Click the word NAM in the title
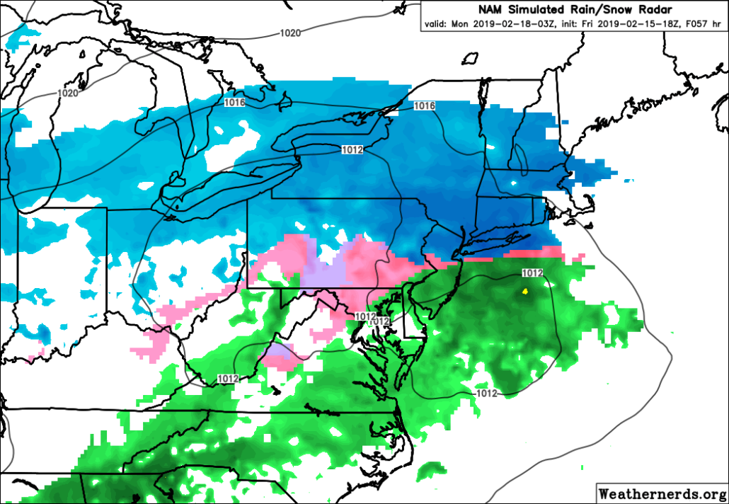(x=489, y=10)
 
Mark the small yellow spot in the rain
(x=524, y=291)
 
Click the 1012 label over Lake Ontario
(x=352, y=149)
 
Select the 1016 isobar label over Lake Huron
(x=234, y=103)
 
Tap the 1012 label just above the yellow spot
(x=532, y=273)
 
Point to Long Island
(x=495, y=241)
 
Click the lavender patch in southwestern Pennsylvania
(x=322, y=270)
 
